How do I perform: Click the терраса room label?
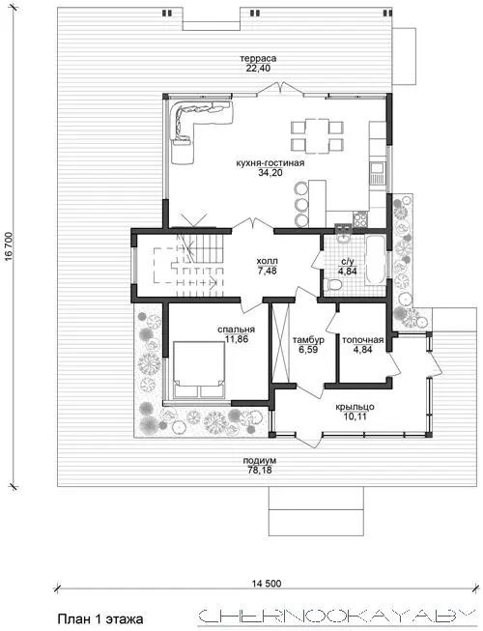[x=258, y=59]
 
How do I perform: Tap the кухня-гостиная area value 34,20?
[x=270, y=173]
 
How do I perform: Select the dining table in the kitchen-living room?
[x=317, y=135]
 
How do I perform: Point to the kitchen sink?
[x=378, y=173]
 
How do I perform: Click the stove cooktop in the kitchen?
[x=360, y=219]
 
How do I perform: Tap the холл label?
[x=267, y=262]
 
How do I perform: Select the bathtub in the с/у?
[x=375, y=261]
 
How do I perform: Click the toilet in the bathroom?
[x=333, y=285]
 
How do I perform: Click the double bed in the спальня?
[x=199, y=370]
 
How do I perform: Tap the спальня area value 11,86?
[x=237, y=339]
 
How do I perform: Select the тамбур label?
[x=308, y=340]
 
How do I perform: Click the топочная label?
[x=363, y=340]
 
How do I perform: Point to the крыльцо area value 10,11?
[x=355, y=416]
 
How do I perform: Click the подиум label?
[x=260, y=461]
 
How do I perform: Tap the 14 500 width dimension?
[x=267, y=583]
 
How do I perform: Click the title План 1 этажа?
[x=100, y=618]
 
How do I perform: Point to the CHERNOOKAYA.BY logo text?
[x=335, y=616]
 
